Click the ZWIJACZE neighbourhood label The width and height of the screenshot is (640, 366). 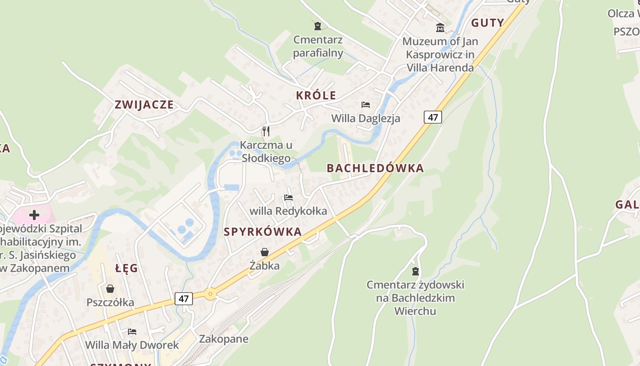tap(144, 105)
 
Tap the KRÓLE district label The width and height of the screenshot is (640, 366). tap(316, 96)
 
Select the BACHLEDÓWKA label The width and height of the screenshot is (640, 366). tap(375, 168)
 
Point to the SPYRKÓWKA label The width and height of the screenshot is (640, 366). tap(263, 232)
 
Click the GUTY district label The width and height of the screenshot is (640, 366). tap(487, 23)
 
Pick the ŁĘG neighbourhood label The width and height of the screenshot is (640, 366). tap(127, 269)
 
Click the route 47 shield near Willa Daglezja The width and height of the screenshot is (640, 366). tap(433, 117)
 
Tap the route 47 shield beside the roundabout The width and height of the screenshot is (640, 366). tap(184, 299)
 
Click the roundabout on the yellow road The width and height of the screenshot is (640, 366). tap(210, 294)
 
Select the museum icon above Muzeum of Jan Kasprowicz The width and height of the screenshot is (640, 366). tap(440, 27)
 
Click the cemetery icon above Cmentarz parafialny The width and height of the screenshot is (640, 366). tap(318, 26)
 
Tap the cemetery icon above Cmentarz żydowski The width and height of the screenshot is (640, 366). tap(416, 271)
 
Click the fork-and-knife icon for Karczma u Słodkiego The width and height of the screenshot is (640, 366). tap(266, 131)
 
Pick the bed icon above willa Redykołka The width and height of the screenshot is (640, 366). tap(288, 198)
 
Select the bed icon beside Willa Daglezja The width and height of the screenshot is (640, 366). tap(366, 105)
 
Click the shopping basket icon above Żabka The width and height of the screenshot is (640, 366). tap(265, 252)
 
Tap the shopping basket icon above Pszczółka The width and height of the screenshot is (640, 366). tap(110, 289)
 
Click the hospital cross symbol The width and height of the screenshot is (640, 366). tap(34, 215)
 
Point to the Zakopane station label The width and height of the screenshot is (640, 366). tap(224, 339)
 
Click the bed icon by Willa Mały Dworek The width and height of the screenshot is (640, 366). tap(132, 331)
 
